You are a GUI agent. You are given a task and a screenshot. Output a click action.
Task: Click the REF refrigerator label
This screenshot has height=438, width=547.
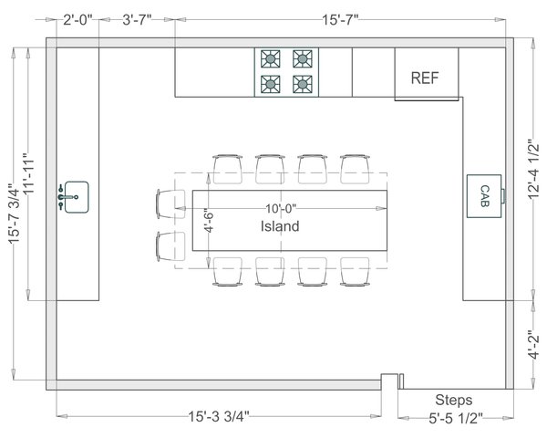tap(425, 78)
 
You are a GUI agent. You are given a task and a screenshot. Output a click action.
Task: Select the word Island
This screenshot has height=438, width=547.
tap(280, 226)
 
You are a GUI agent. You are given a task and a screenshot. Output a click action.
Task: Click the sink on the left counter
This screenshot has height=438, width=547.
tap(74, 195)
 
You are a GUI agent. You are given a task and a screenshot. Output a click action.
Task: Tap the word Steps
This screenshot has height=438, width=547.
tap(453, 400)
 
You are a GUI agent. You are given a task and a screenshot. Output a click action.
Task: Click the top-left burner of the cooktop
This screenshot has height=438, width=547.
tap(270, 60)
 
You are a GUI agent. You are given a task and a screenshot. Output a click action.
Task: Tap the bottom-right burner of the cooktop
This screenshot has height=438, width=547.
tap(301, 85)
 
